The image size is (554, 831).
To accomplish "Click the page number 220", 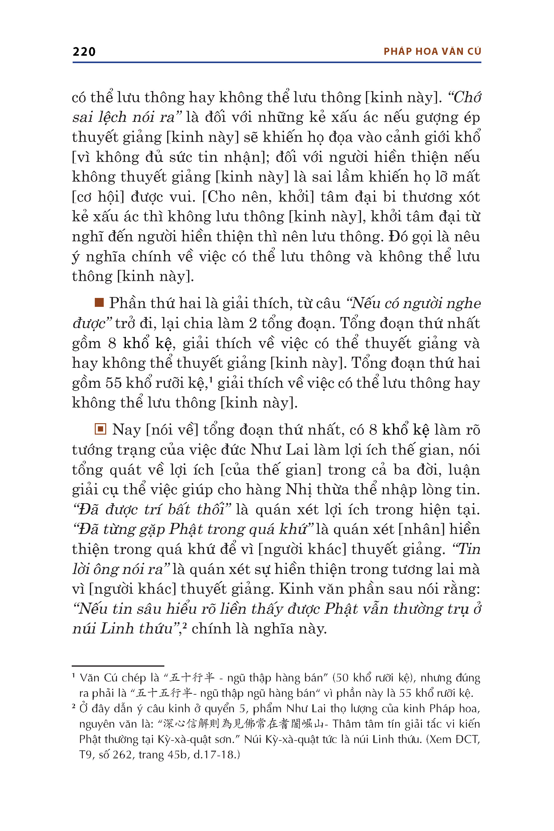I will (84, 52).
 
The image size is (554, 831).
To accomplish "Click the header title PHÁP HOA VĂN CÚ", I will (432, 52).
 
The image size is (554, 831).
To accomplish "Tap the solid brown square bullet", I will (99, 303).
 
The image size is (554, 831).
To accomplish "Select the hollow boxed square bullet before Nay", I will (100, 429).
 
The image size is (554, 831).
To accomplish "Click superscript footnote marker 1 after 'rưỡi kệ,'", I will (211, 380).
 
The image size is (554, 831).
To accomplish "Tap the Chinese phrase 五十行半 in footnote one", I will (192, 678).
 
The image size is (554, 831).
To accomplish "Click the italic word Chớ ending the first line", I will (467, 98).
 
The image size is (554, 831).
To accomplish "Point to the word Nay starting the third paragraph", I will (126, 430).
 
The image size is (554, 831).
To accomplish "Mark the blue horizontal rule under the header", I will (277, 62).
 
